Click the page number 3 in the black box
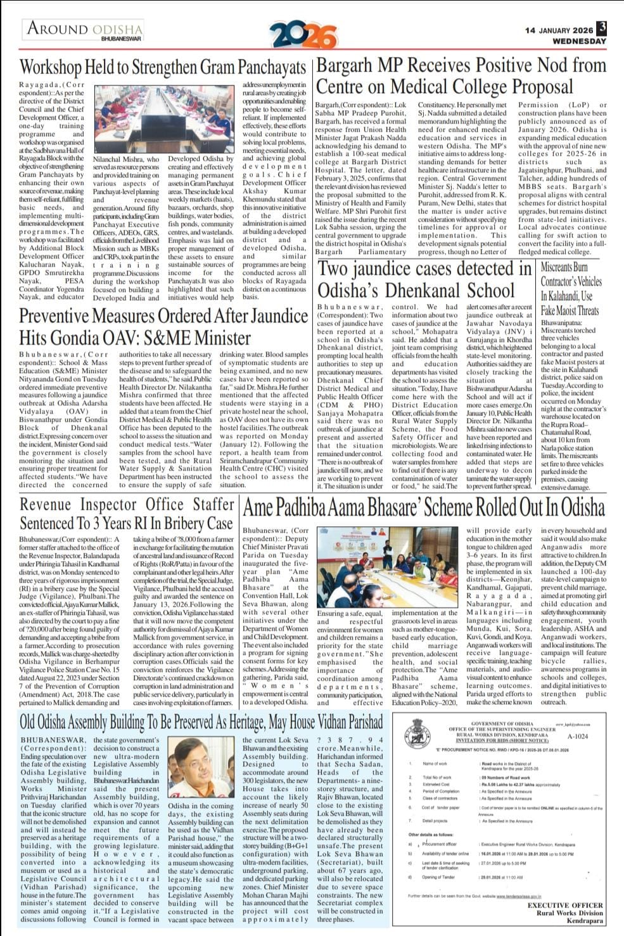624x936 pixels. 602,28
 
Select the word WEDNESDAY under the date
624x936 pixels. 579,41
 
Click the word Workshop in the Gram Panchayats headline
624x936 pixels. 51,66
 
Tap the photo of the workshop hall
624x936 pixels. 167,120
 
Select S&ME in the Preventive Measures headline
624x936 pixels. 187,337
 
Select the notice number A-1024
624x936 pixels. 577,737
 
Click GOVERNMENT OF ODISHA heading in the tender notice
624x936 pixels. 502,723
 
